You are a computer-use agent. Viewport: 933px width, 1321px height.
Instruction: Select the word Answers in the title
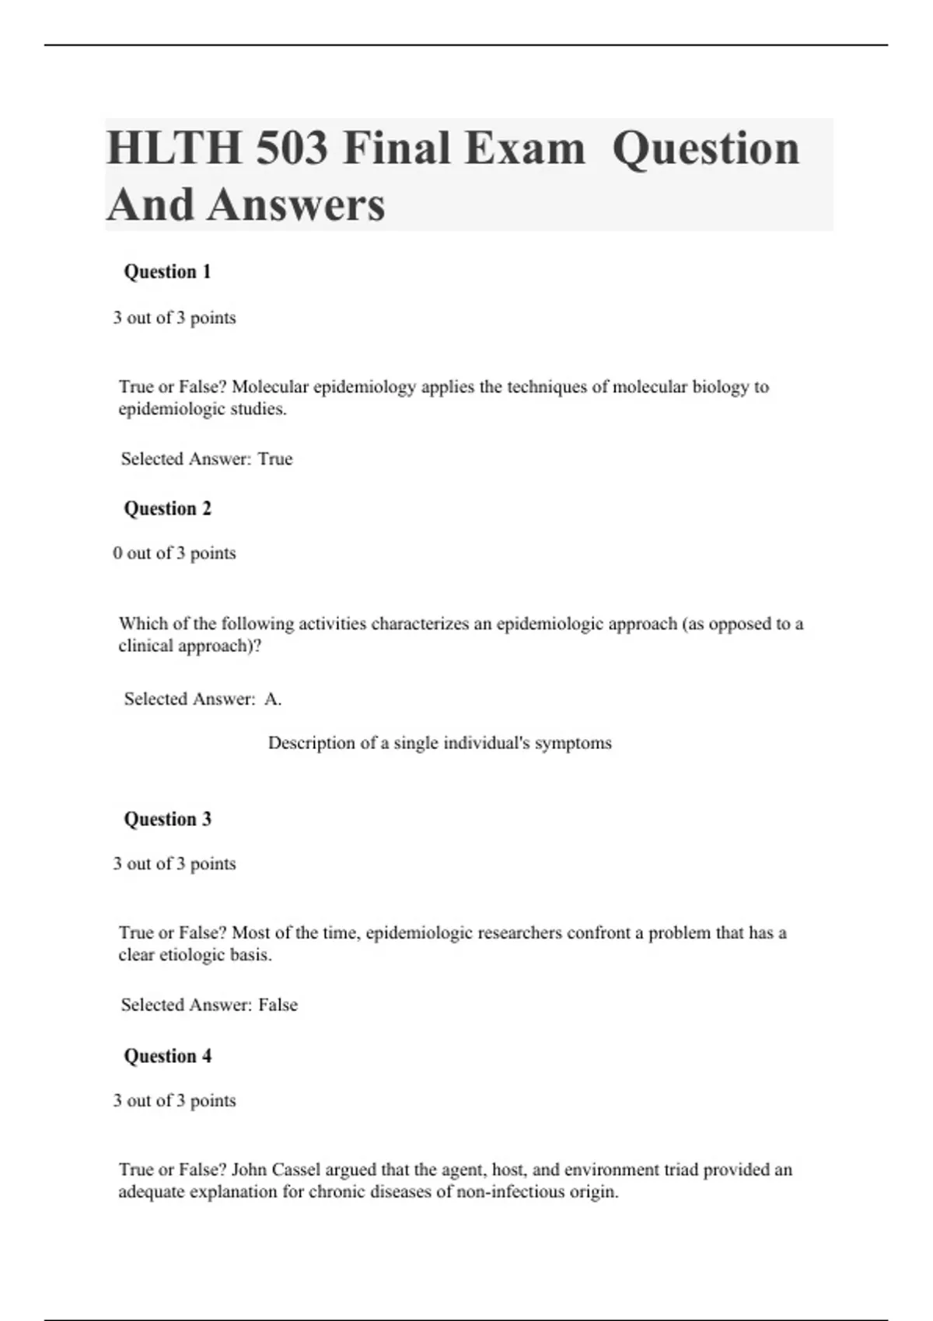coord(296,204)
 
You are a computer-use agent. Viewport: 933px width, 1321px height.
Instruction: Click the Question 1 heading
coord(167,272)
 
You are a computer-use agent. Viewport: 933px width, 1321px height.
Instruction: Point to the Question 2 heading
coord(167,509)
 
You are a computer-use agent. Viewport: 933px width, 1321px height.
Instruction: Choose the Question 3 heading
coord(167,819)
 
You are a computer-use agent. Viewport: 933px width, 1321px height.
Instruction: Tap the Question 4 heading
coord(167,1056)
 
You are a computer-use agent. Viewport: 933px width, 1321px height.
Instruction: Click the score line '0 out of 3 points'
coord(174,553)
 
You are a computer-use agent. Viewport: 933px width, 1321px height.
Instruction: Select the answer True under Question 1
coord(275,459)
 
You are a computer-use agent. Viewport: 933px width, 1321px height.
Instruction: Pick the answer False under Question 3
coord(278,1005)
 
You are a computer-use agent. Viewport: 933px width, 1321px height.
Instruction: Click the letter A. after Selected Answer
coord(272,699)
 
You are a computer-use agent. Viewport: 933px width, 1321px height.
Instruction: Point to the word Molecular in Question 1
coord(269,387)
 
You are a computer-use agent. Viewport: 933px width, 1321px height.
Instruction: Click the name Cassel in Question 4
coord(295,1169)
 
